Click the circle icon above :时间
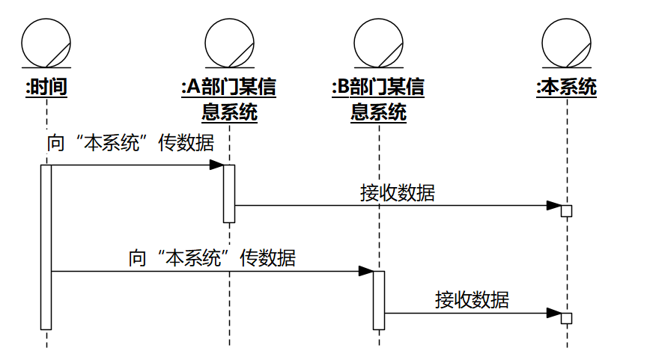click(x=46, y=43)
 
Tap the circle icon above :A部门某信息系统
click(x=229, y=43)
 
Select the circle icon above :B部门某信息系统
click(x=379, y=43)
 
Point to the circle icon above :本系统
click(x=567, y=43)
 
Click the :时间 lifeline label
click(x=46, y=88)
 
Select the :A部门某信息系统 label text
click(x=229, y=100)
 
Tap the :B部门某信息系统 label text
click(x=379, y=100)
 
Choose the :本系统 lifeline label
click(x=567, y=88)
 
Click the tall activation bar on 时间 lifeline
click(x=46, y=246)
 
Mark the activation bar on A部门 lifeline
click(x=229, y=193)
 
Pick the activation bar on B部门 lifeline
click(x=379, y=299)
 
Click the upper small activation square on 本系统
click(x=567, y=210)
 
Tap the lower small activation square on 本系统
click(x=567, y=318)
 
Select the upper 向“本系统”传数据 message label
click(x=130, y=144)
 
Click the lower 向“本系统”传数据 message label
click(x=212, y=259)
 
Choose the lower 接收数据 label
click(x=473, y=300)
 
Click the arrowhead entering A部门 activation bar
click(x=216, y=165)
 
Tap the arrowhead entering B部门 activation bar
click(x=366, y=271)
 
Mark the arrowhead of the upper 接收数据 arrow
click(x=554, y=205)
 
